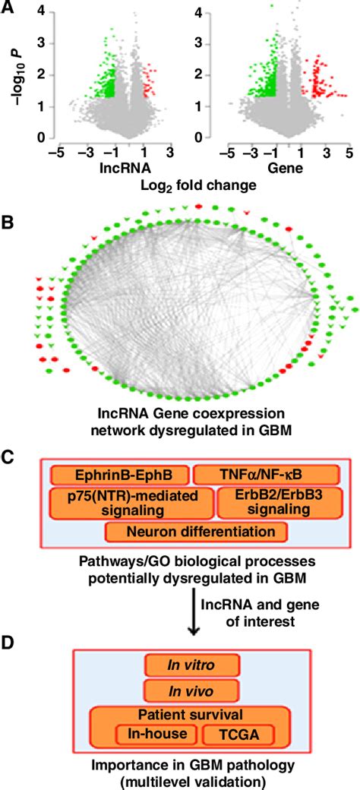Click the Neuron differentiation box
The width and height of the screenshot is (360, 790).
click(x=197, y=532)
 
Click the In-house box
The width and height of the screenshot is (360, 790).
click(x=156, y=735)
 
